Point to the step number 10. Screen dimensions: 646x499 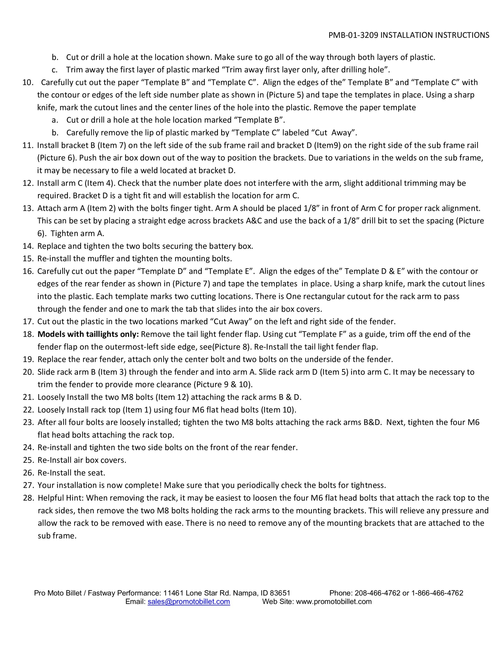point(28,82)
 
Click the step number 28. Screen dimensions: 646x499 point(29,498)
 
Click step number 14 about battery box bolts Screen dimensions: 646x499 point(29,246)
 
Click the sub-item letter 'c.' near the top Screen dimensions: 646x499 point(54,70)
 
